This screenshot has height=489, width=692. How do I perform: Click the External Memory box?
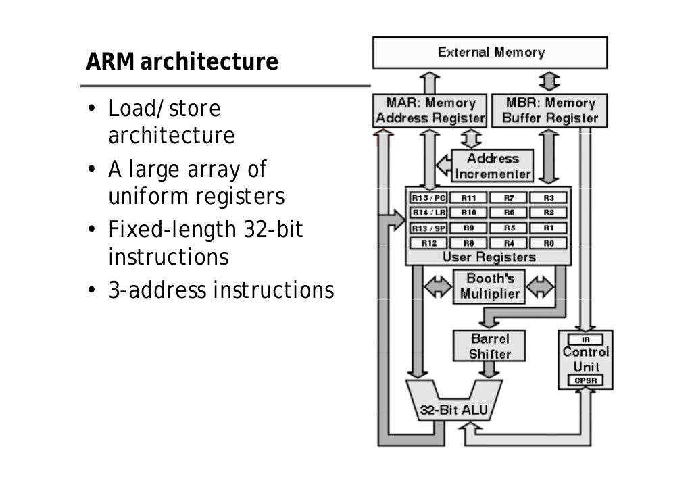coord(490,53)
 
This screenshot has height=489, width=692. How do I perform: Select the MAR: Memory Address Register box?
coord(430,111)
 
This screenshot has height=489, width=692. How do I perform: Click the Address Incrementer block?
coord(493,166)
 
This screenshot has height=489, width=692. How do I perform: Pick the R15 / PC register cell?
coord(428,198)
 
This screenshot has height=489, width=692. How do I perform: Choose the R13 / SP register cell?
coord(428,228)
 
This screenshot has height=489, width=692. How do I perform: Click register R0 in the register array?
coord(548,242)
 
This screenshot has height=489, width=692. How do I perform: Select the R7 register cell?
coord(509,198)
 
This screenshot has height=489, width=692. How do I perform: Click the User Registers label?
coord(488,257)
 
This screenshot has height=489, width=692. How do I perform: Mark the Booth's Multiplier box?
coord(489,286)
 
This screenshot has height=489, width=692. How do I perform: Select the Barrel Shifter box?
coord(489,346)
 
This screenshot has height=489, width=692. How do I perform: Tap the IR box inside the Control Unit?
coord(585,340)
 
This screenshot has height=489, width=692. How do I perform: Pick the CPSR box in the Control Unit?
coord(585,381)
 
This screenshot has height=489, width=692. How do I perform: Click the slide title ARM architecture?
coord(182,62)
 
